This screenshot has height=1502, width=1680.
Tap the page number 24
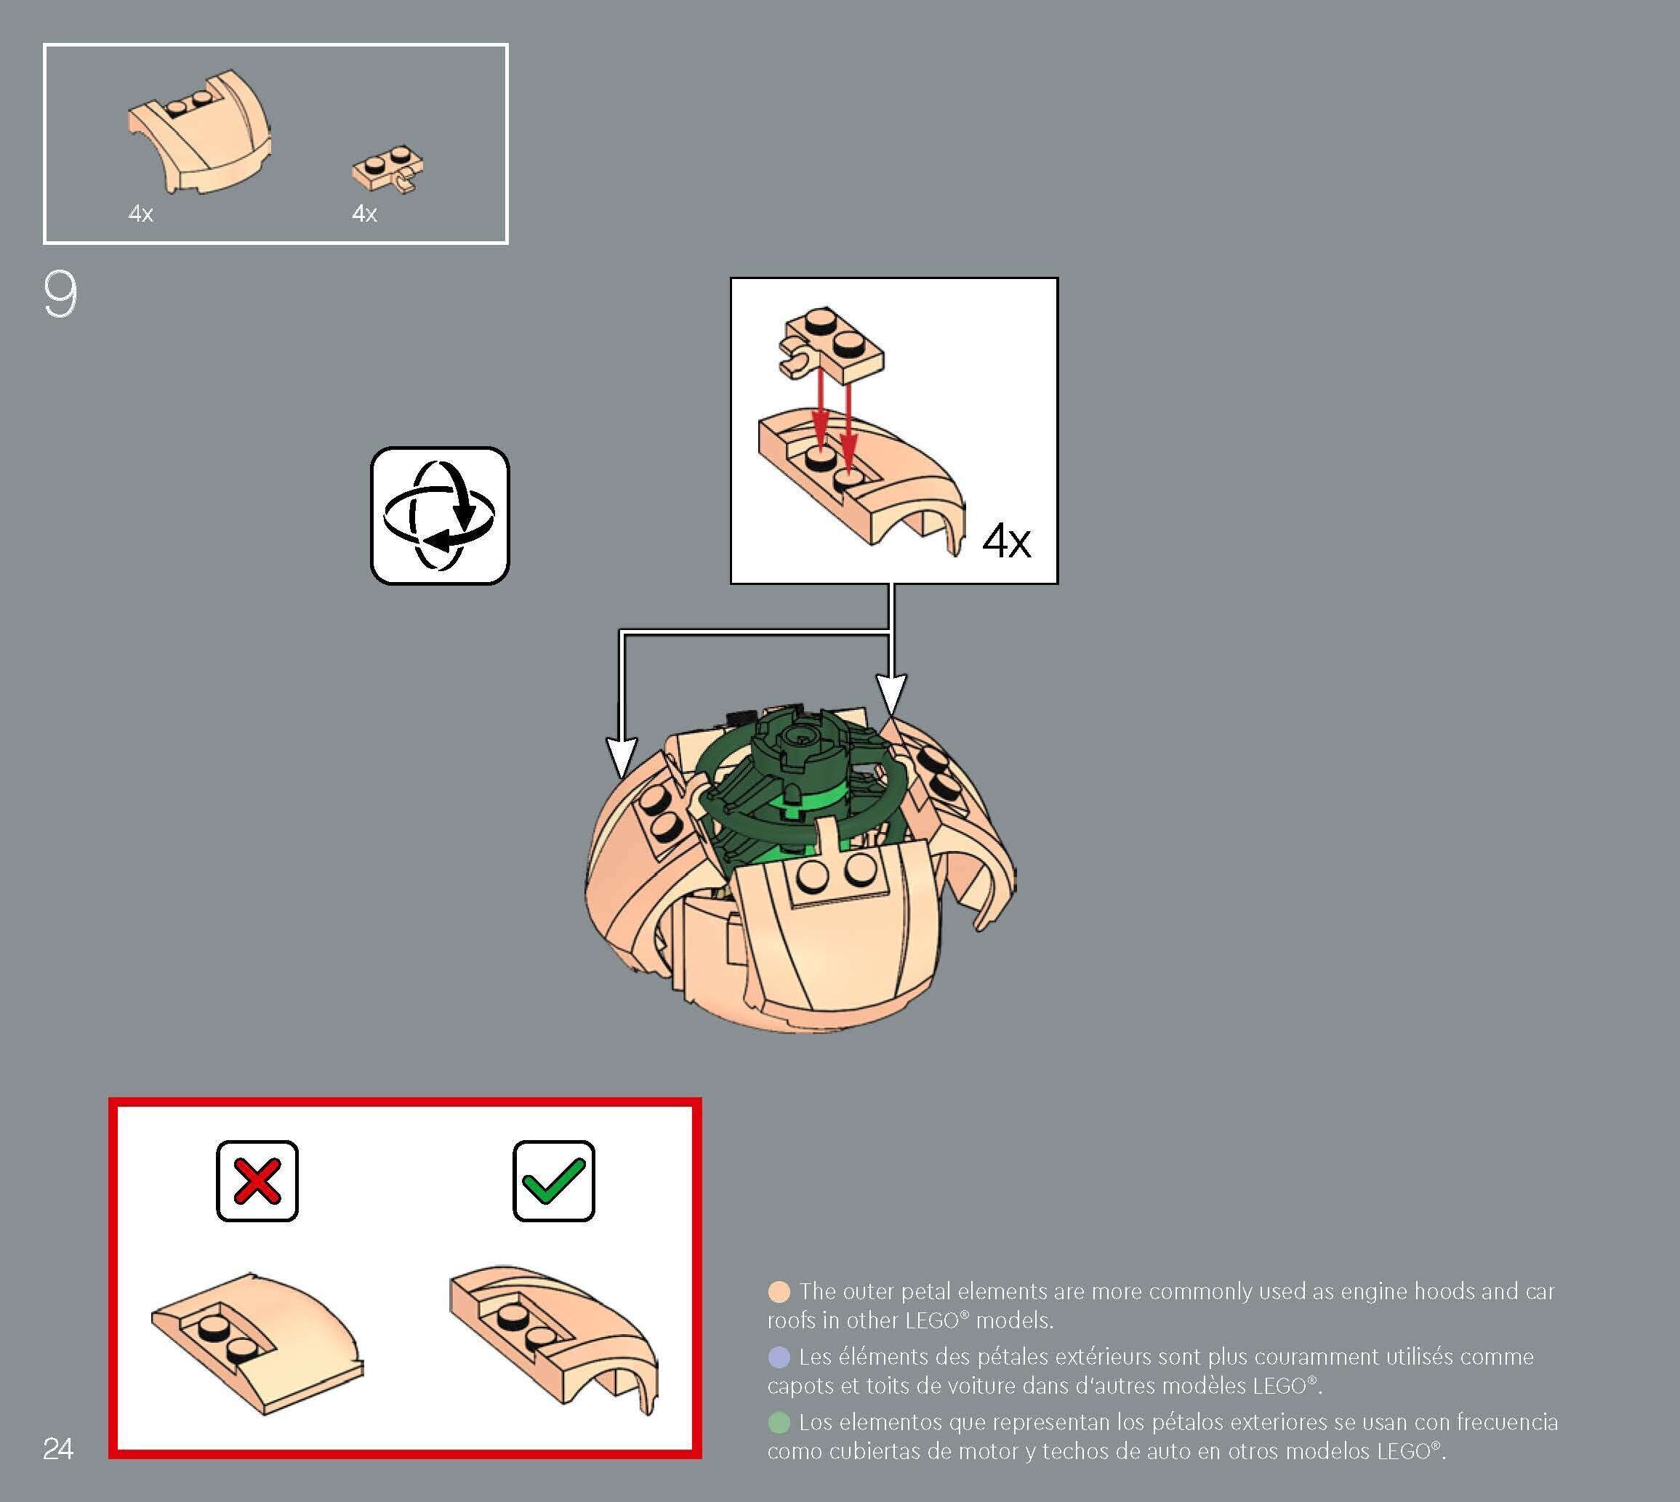[57, 1448]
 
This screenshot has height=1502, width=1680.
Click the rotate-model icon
[440, 516]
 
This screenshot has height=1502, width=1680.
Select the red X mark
[257, 1181]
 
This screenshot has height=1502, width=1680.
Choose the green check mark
[553, 1181]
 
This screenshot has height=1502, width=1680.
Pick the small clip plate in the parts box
[390, 169]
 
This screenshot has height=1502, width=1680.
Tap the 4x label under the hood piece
[141, 214]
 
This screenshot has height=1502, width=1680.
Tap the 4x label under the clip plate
[364, 214]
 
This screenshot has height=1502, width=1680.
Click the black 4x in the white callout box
[1006, 541]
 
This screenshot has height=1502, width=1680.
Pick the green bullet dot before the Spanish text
[779, 1422]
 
